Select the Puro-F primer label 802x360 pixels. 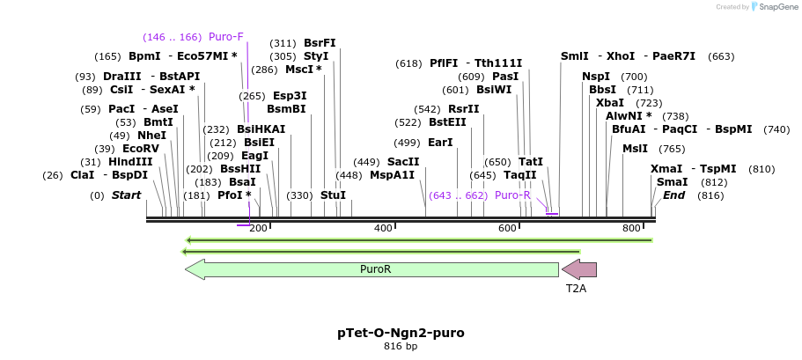(225, 37)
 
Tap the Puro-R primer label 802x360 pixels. (512, 195)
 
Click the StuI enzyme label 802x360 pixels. (333, 195)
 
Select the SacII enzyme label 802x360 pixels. (403, 162)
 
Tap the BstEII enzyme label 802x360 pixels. (447, 122)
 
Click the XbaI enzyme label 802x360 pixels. (610, 103)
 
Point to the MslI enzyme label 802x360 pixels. (635, 149)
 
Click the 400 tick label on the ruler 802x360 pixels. (383, 229)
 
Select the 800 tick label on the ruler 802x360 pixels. (631, 229)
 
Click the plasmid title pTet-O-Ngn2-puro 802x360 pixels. (401, 334)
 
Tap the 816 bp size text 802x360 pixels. (401, 347)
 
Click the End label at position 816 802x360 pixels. (674, 195)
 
